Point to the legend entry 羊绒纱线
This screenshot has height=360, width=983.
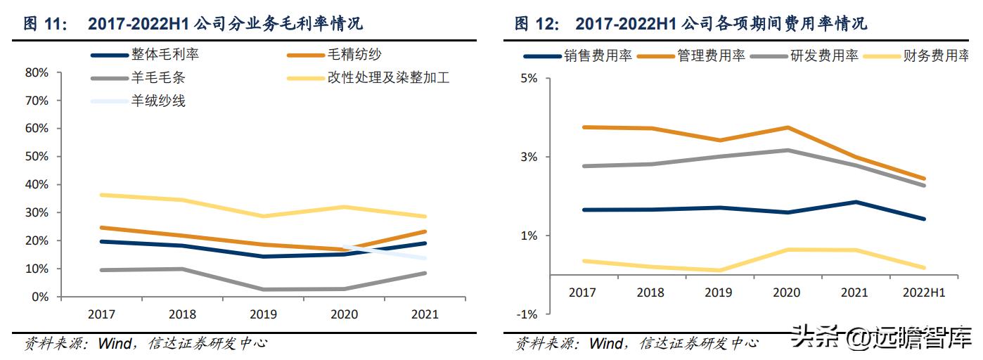(x=158, y=101)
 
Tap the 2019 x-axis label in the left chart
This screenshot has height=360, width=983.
(x=264, y=314)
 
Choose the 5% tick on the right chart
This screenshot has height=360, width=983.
(x=529, y=79)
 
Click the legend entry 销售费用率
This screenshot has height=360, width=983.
(x=598, y=56)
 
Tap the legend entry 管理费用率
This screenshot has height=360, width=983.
(x=711, y=56)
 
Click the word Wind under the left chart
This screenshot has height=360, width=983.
(x=114, y=344)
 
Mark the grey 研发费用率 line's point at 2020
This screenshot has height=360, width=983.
(x=787, y=150)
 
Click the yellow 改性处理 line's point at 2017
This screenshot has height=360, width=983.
(x=103, y=195)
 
